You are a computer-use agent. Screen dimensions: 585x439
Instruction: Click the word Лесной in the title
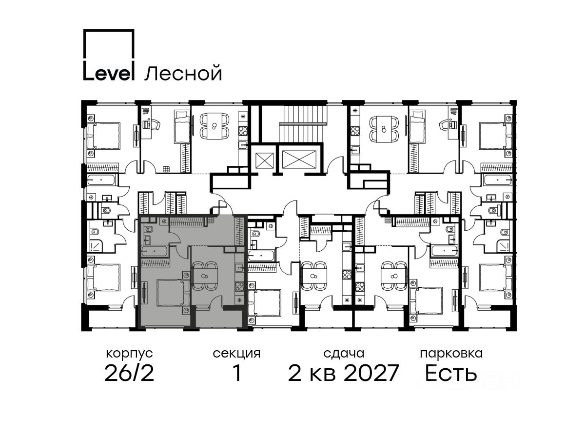(x=183, y=73)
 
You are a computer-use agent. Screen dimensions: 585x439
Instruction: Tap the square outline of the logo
(x=109, y=44)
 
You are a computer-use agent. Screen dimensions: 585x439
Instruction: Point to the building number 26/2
(x=129, y=373)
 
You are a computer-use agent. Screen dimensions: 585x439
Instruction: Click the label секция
(x=236, y=354)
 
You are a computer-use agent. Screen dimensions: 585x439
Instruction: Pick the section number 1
(x=237, y=373)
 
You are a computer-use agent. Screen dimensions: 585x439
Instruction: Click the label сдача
(x=344, y=354)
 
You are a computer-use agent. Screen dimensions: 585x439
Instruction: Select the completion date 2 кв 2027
(x=343, y=373)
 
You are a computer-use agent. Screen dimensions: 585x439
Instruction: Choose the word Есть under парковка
(x=450, y=373)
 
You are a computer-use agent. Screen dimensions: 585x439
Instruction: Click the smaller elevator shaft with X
(x=264, y=160)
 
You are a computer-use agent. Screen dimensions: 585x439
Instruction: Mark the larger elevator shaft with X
(x=299, y=159)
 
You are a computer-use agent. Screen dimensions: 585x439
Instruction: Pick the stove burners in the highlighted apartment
(x=239, y=287)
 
